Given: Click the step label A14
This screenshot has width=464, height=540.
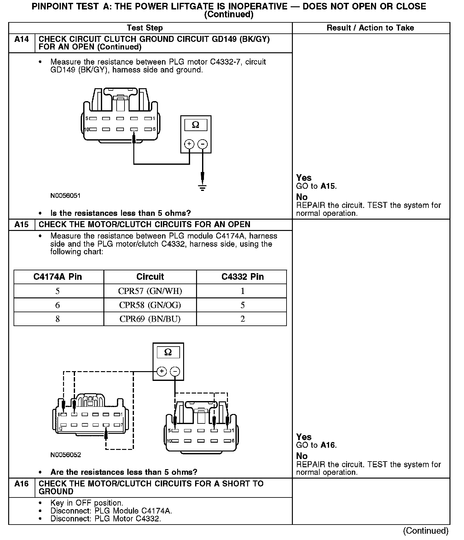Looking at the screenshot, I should [x=21, y=39].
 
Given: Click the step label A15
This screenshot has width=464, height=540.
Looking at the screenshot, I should [x=21, y=225].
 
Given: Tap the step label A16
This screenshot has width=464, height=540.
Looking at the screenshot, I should [x=21, y=484].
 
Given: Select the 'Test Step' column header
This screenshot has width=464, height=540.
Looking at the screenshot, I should [x=145, y=28].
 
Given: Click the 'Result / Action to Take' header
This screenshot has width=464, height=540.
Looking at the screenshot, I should [x=370, y=28].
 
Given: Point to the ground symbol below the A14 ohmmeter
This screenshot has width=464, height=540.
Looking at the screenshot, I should [x=202, y=188].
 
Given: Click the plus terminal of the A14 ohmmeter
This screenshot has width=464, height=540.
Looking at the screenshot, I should [x=189, y=144].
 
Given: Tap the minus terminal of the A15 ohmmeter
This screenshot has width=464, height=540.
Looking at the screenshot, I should [x=175, y=372].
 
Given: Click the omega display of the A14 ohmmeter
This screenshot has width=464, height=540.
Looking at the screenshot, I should [x=195, y=125].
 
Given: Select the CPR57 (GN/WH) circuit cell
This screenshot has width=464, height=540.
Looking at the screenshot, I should [x=150, y=291].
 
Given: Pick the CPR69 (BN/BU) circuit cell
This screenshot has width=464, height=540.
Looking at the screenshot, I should [x=150, y=319].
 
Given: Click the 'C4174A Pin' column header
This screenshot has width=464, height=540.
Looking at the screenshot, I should [x=58, y=277].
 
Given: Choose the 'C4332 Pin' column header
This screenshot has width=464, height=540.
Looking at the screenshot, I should [x=242, y=277].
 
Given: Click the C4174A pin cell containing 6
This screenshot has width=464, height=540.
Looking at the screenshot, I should [x=57, y=305].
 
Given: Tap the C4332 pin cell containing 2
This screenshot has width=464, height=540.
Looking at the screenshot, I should [x=242, y=319].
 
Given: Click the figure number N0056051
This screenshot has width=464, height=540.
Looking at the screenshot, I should [x=66, y=196].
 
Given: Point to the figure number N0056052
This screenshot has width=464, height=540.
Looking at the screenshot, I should [x=66, y=455].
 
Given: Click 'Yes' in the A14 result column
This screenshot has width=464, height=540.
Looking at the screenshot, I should [x=304, y=178].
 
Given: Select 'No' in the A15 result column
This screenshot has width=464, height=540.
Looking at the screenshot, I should [x=302, y=456].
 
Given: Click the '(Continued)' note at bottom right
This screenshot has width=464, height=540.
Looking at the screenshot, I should [x=426, y=531].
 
